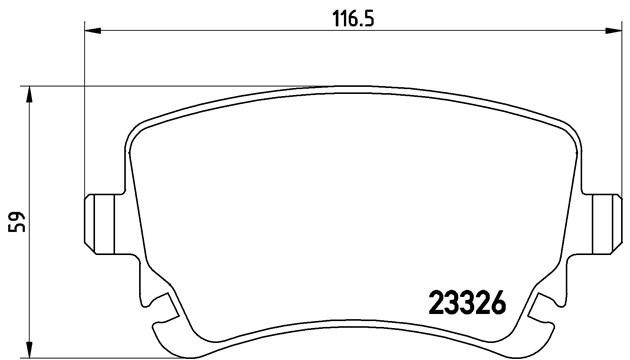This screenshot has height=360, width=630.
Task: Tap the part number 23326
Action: click(466, 300)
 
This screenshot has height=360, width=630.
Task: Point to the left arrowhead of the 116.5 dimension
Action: click(91, 32)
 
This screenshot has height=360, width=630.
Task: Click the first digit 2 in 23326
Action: click(436, 300)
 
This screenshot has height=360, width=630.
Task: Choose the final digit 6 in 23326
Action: click(496, 300)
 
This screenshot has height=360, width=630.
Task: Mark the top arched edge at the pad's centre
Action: click(350, 88)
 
